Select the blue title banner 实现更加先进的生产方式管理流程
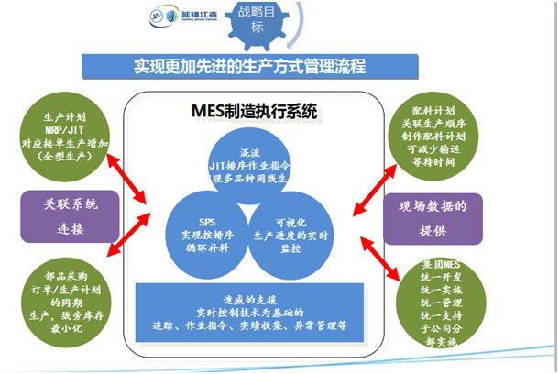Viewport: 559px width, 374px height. pos(250,67)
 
